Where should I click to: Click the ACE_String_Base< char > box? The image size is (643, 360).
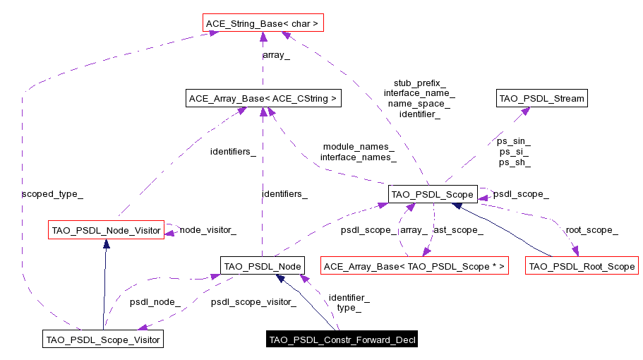(x=263, y=24)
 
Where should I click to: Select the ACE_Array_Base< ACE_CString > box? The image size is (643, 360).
(x=263, y=99)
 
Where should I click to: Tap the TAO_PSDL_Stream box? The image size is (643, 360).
(x=542, y=99)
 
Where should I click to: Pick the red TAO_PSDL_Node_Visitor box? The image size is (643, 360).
(x=106, y=230)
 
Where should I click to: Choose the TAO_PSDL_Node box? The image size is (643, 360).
(x=263, y=266)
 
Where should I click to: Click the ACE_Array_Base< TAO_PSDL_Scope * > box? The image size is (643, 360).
(x=414, y=266)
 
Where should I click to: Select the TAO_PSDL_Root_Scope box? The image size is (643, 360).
(x=582, y=266)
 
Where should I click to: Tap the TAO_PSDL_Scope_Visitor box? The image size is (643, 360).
(x=103, y=340)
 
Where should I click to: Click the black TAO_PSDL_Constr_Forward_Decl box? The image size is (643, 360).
(x=342, y=340)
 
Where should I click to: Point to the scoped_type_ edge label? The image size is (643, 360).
(x=47, y=193)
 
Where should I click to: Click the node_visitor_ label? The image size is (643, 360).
(x=208, y=229)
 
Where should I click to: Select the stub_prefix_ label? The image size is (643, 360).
(x=419, y=83)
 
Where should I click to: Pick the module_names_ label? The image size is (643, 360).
(x=358, y=146)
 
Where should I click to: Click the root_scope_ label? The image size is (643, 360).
(x=591, y=230)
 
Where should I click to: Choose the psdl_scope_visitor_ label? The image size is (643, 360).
(x=253, y=302)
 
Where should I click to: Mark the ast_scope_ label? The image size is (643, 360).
(x=457, y=230)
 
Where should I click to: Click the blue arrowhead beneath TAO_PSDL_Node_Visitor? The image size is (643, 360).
(x=106, y=244)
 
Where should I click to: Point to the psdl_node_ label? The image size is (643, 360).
(x=155, y=302)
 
